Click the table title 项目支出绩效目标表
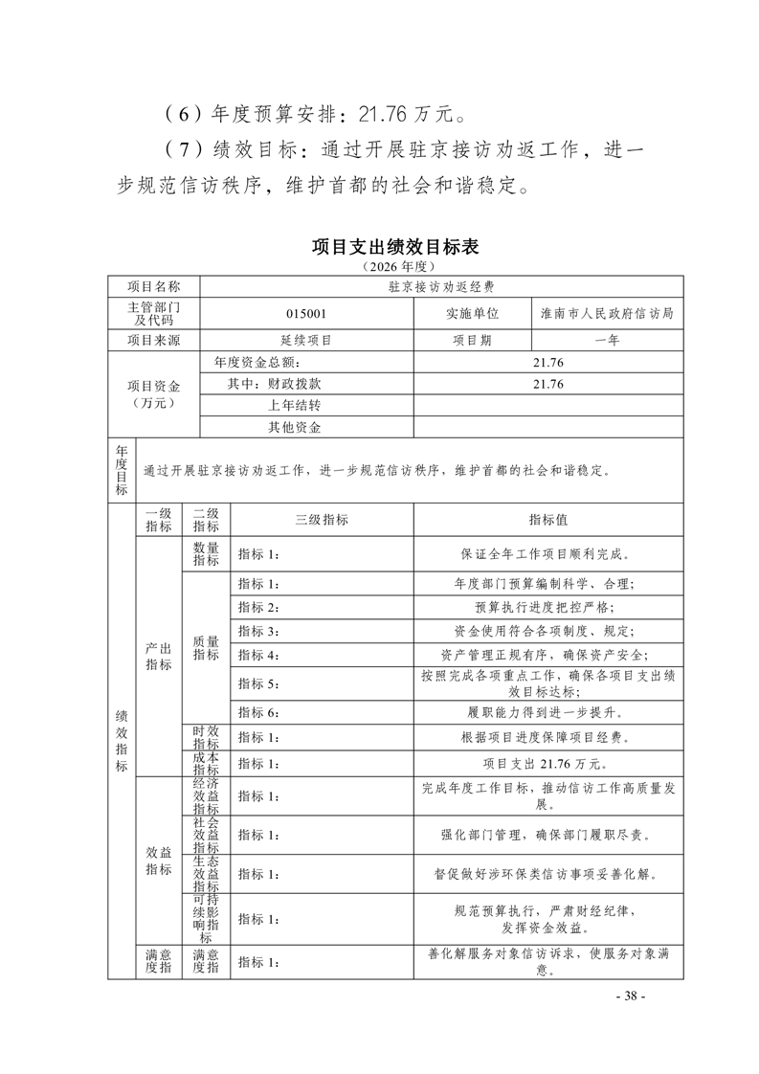tap(395, 247)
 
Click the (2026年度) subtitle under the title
tap(395, 265)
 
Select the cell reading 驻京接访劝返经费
tap(441, 286)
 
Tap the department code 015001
tap(306, 313)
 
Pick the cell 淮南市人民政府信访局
tap(607, 313)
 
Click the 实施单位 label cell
tap(472, 313)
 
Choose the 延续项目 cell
tap(306, 340)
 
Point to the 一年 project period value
tap(607, 340)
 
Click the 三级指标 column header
tap(322, 520)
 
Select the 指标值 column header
tap(548, 520)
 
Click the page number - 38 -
tap(631, 996)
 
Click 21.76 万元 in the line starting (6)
tap(411, 117)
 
